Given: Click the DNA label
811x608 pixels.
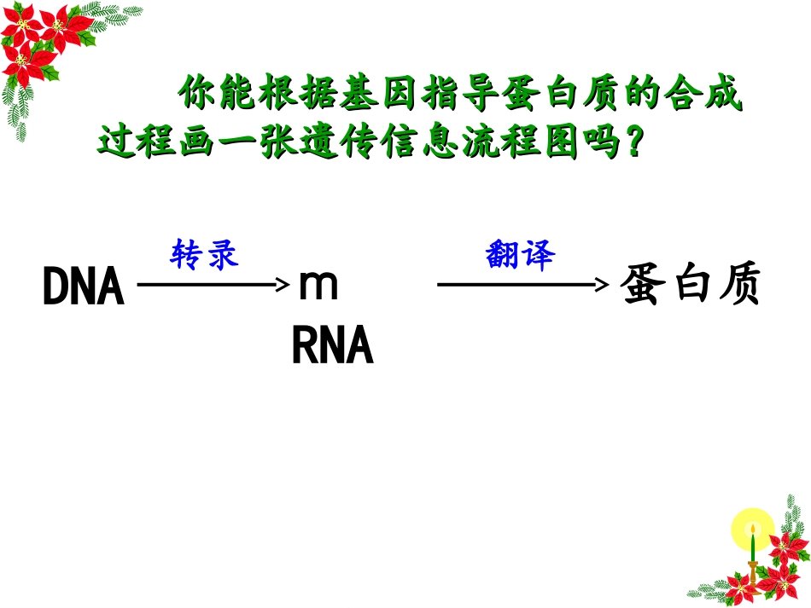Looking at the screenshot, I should point(84,288).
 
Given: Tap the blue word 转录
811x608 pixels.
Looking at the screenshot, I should point(204,254).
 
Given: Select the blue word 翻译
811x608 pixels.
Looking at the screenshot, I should point(520,254).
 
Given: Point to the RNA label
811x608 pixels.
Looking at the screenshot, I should point(333,346).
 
